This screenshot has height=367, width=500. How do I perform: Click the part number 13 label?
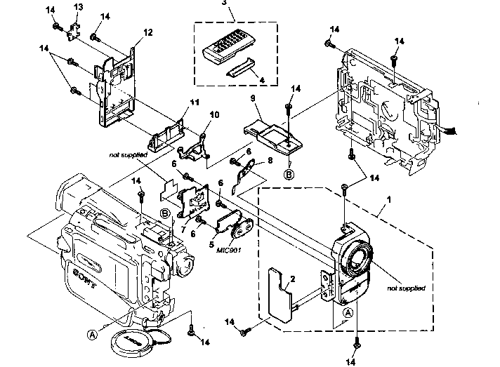coord(79,6)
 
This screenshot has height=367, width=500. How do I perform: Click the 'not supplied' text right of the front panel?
coord(407,288)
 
